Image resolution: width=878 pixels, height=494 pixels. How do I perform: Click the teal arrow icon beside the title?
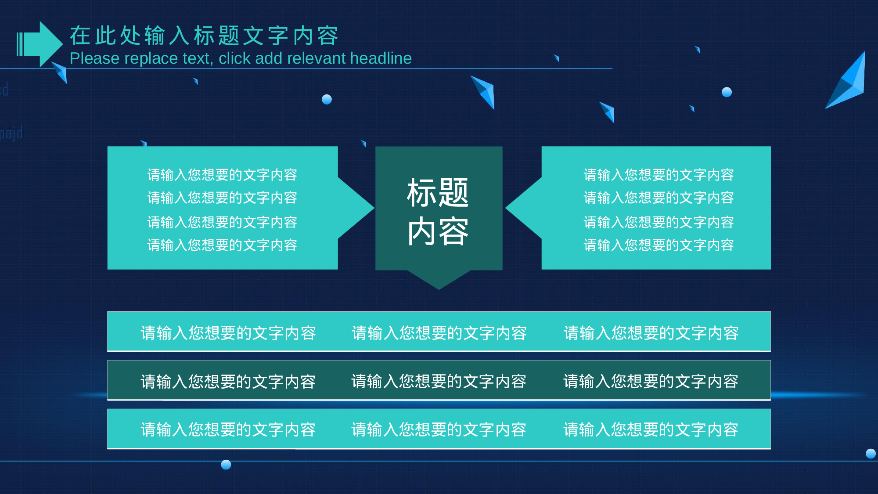[40, 44]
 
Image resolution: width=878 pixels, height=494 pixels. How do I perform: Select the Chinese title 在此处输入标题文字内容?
[204, 36]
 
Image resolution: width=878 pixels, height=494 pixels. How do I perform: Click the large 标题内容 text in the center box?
[438, 212]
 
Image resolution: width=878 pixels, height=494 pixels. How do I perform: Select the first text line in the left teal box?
[222, 175]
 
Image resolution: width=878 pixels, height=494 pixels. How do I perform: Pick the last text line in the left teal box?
[222, 245]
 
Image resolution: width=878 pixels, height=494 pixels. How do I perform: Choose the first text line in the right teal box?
[658, 175]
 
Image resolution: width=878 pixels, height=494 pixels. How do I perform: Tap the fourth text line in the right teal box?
[658, 245]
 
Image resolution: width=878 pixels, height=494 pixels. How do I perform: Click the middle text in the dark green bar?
[439, 381]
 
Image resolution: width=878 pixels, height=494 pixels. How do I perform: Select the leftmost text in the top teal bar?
[228, 333]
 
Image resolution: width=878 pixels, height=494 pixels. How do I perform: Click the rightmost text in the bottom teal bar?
[651, 429]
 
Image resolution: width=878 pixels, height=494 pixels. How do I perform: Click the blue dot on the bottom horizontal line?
[226, 465]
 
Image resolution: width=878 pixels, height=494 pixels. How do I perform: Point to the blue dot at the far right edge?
[871, 454]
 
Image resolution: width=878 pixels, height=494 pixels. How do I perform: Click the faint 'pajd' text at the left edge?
[11, 133]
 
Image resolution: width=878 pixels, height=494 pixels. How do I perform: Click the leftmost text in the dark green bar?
[228, 382]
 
